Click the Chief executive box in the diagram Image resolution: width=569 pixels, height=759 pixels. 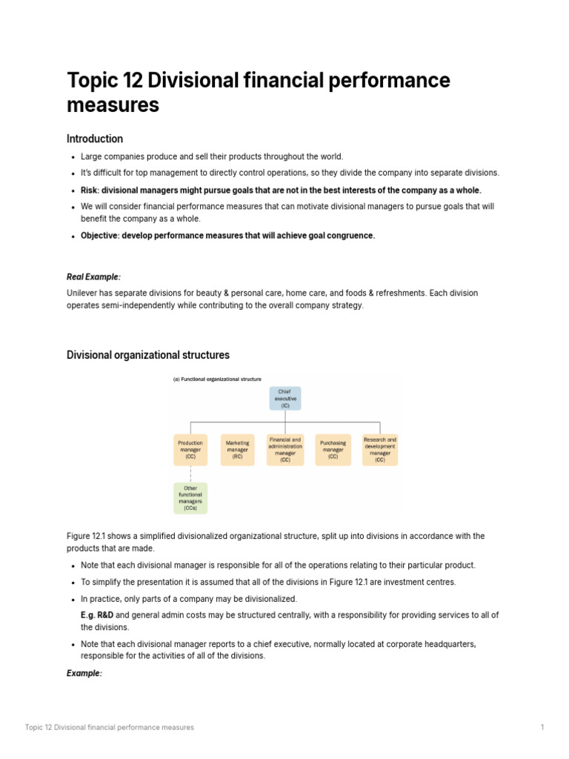coord(284,398)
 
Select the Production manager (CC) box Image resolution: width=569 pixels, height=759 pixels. coord(190,450)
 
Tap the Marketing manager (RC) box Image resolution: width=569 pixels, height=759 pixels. coord(237,450)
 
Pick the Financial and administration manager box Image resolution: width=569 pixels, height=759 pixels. coord(285,450)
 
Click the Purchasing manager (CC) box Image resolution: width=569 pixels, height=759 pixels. coord(333,450)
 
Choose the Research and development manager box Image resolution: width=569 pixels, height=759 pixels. coord(379,450)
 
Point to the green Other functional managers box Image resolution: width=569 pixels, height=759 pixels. coord(190,498)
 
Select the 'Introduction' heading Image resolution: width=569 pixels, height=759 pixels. coord(95,139)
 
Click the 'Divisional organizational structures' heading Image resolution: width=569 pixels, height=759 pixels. coord(148,355)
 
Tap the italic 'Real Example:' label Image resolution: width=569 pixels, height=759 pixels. coord(93,276)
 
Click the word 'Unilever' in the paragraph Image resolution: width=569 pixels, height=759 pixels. coord(82,293)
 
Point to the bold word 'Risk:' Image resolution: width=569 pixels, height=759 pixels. coord(90,190)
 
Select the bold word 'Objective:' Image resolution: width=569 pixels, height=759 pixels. coord(100,236)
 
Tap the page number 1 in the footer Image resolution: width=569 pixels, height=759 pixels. coord(542,727)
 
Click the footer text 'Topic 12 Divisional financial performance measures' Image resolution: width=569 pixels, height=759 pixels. coord(110,727)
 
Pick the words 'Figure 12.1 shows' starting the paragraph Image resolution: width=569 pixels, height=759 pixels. coord(99,536)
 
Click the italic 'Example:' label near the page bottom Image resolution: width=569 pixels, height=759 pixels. coord(84,673)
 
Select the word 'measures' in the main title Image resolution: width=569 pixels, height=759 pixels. coord(113,105)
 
